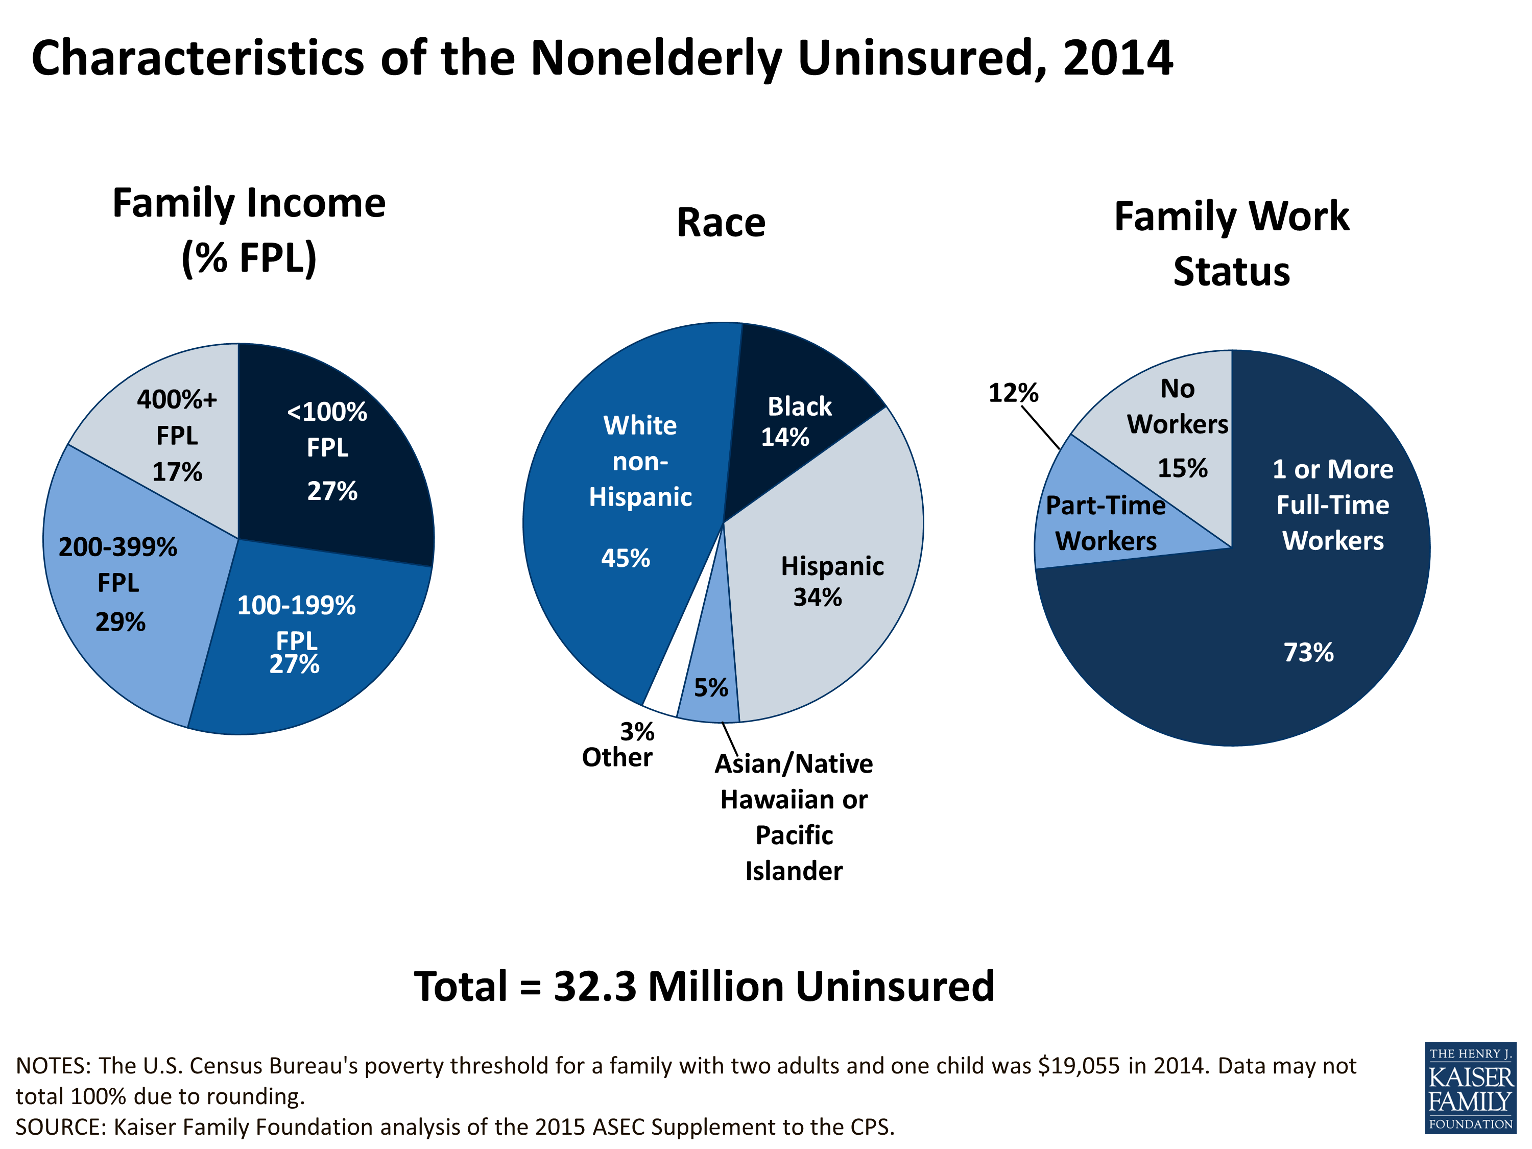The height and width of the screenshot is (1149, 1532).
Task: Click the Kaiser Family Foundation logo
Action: click(1470, 1087)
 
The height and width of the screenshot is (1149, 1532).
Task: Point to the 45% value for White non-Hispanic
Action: click(626, 558)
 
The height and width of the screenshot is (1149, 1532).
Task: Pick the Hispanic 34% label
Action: click(831, 581)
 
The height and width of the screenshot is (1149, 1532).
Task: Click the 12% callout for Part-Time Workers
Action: click(1013, 393)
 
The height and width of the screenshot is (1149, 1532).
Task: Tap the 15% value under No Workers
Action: click(1182, 469)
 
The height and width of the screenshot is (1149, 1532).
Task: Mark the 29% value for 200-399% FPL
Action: click(121, 622)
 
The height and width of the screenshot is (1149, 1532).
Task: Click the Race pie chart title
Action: click(721, 223)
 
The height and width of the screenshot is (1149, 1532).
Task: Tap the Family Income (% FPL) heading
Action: click(249, 231)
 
